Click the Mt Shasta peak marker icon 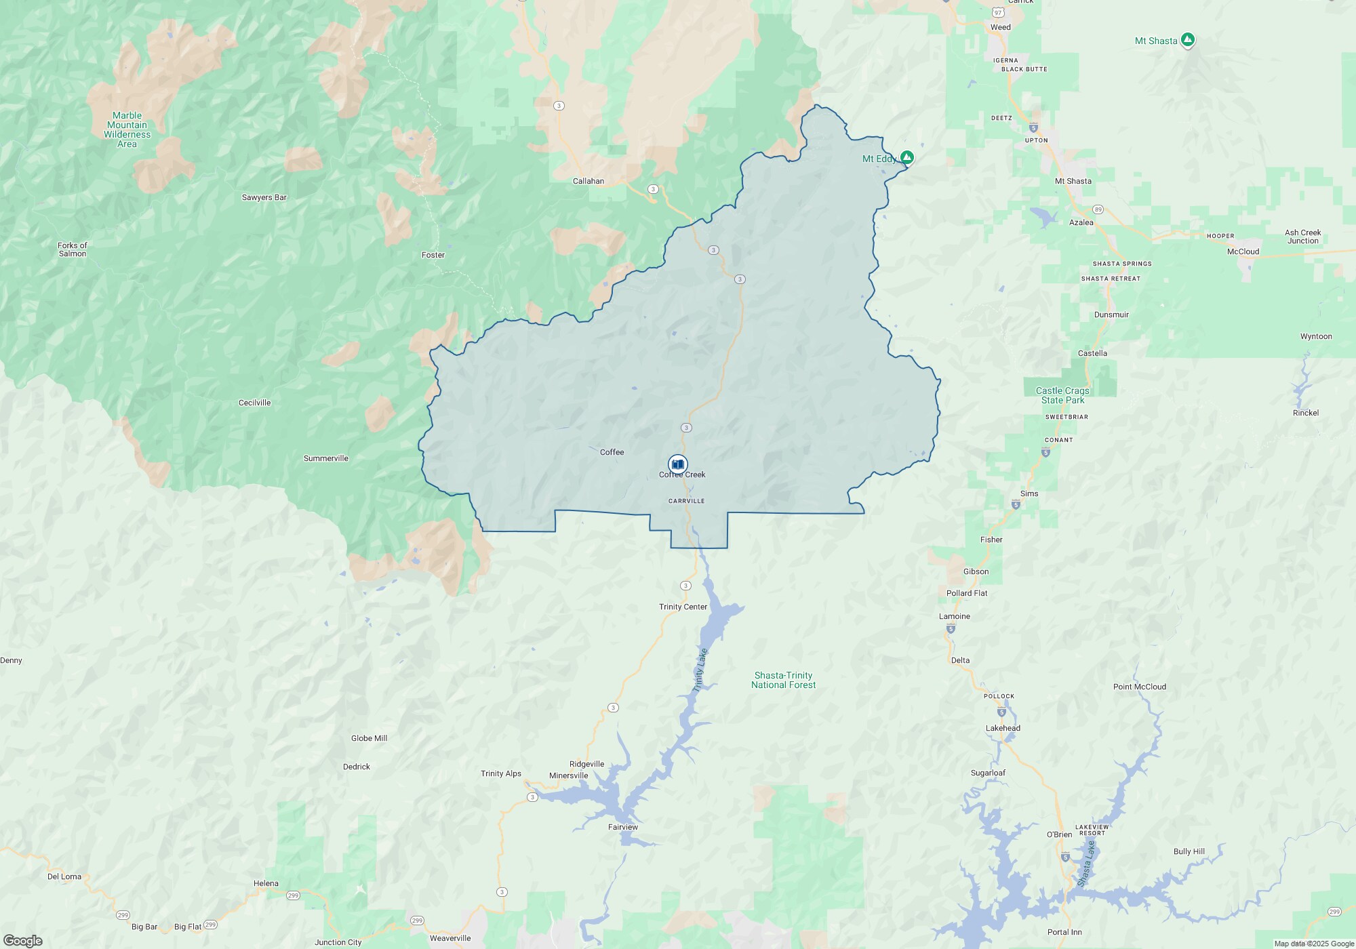point(1187,40)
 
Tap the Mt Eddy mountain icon point(906,157)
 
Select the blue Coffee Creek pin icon point(677,464)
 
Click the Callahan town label point(588,181)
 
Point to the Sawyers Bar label point(264,197)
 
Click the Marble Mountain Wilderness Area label point(127,129)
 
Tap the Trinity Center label point(683,607)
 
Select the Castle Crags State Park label point(1062,395)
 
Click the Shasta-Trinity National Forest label point(783,680)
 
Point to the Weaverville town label point(450,938)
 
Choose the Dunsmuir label point(1111,315)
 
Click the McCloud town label point(1243,251)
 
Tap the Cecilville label point(254,403)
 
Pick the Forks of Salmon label point(73,249)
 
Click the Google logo point(22,941)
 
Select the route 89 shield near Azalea point(1098,209)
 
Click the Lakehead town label point(1003,728)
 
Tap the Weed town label point(1000,27)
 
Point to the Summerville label point(325,458)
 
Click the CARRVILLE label point(686,501)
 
